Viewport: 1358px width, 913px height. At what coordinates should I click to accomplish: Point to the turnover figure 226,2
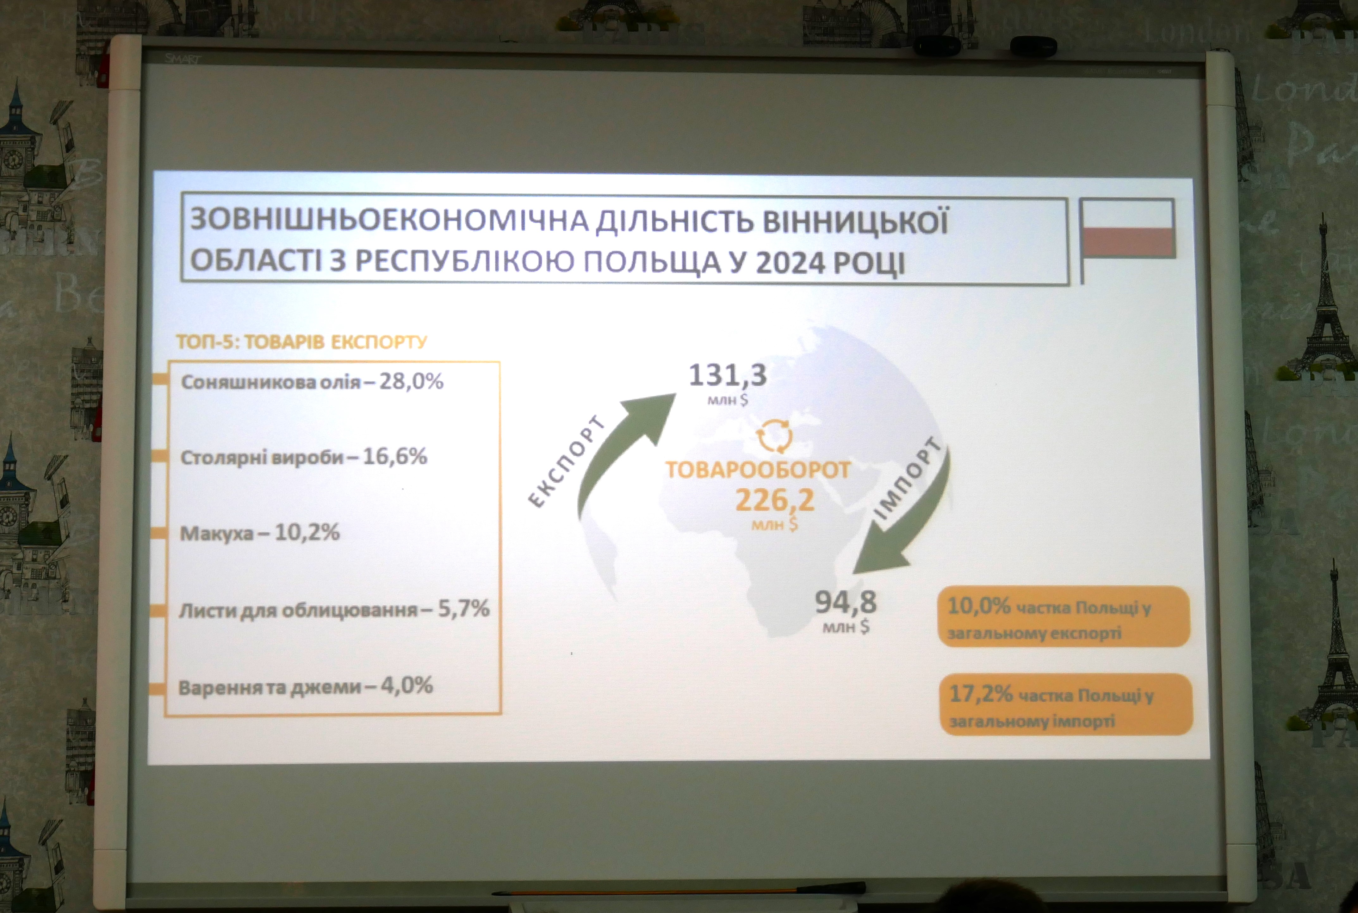pos(775,500)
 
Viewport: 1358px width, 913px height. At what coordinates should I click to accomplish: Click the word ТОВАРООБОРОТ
pos(758,470)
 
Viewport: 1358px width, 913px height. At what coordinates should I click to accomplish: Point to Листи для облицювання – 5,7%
pos(334,610)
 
